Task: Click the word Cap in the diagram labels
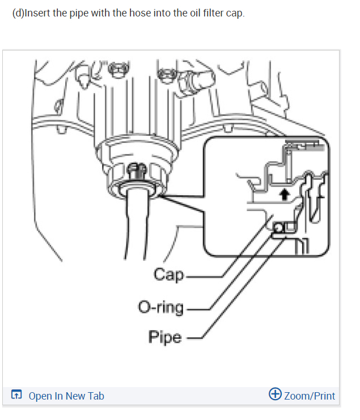click(x=169, y=275)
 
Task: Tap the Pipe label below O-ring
click(x=165, y=337)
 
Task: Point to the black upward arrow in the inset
click(x=286, y=195)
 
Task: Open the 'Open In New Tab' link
click(x=66, y=396)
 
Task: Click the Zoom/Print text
click(x=310, y=396)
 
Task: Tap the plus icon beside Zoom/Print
click(x=276, y=395)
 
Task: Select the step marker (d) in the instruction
click(x=18, y=13)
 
